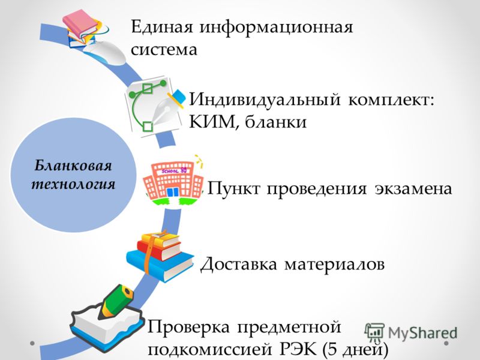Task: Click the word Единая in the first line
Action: (x=162, y=27)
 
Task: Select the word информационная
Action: (x=277, y=28)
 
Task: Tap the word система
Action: (x=164, y=50)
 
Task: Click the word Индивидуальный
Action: (x=265, y=100)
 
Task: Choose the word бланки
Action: (x=275, y=121)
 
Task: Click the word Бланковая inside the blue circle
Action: (x=73, y=166)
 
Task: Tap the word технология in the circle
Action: (x=73, y=184)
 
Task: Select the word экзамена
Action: (x=413, y=188)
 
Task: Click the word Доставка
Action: (x=238, y=264)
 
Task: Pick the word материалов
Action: (x=334, y=264)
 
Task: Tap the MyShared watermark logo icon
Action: (x=374, y=332)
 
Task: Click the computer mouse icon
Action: (x=105, y=52)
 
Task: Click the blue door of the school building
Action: (x=173, y=193)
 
